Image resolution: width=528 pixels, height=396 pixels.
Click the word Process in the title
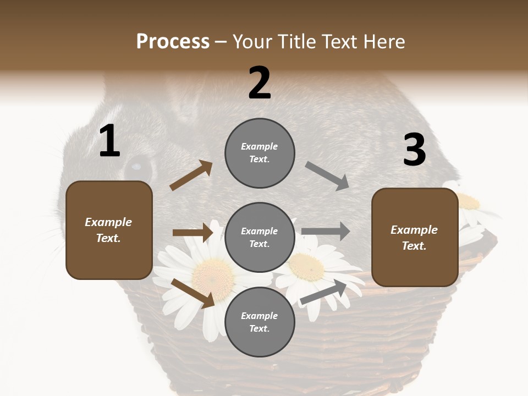173,42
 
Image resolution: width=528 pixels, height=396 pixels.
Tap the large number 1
109,141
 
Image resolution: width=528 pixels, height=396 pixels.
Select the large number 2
260,83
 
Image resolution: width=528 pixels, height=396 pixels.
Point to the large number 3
414,150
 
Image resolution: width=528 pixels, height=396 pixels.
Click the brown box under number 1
109,230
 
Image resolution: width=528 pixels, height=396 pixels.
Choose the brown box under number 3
415,237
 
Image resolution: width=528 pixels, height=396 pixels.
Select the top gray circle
260,153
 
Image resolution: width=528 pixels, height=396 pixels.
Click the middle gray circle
260,237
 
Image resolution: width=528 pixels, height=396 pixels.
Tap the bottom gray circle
260,322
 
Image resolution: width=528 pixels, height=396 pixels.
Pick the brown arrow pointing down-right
193,293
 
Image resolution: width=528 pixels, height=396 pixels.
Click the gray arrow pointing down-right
327,176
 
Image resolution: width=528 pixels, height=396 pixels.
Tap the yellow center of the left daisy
212,271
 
